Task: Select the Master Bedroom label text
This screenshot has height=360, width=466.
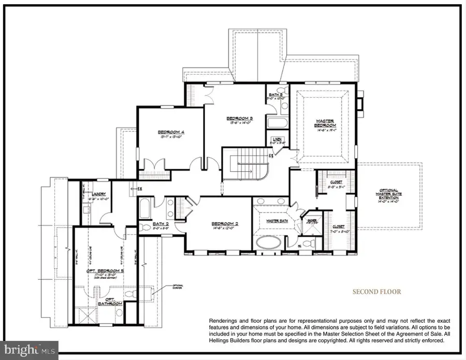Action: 325,124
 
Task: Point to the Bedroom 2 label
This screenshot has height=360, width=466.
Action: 224,224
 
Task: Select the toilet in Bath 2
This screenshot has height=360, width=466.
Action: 145,227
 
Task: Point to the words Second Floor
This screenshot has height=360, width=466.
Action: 376,292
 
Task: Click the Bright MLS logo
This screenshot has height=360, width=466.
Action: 30,350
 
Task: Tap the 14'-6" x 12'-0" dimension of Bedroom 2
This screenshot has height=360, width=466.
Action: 224,229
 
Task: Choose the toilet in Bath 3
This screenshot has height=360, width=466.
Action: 284,107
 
